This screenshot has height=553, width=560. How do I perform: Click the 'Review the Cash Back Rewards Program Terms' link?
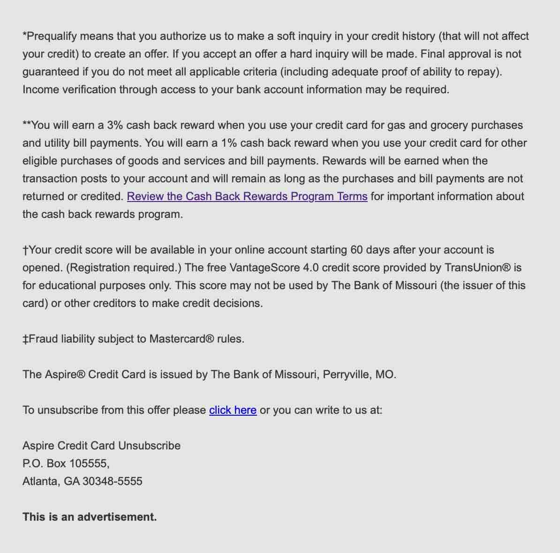click(x=247, y=196)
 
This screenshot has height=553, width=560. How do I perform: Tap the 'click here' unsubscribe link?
click(x=233, y=410)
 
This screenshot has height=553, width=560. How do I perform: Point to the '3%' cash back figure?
click(x=115, y=125)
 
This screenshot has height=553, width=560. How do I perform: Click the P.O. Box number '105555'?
click(x=89, y=463)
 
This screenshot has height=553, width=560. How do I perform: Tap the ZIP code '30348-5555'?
click(x=113, y=481)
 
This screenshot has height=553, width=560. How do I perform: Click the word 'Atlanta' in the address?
click(x=41, y=481)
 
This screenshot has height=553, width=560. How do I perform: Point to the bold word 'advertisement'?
click(x=117, y=517)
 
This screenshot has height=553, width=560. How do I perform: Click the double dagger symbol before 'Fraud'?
click(x=25, y=339)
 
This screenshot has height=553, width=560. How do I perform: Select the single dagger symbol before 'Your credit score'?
click(x=25, y=250)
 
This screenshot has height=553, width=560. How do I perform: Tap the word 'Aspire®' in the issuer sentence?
click(x=65, y=374)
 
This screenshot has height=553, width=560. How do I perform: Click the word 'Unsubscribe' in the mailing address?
click(x=149, y=446)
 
